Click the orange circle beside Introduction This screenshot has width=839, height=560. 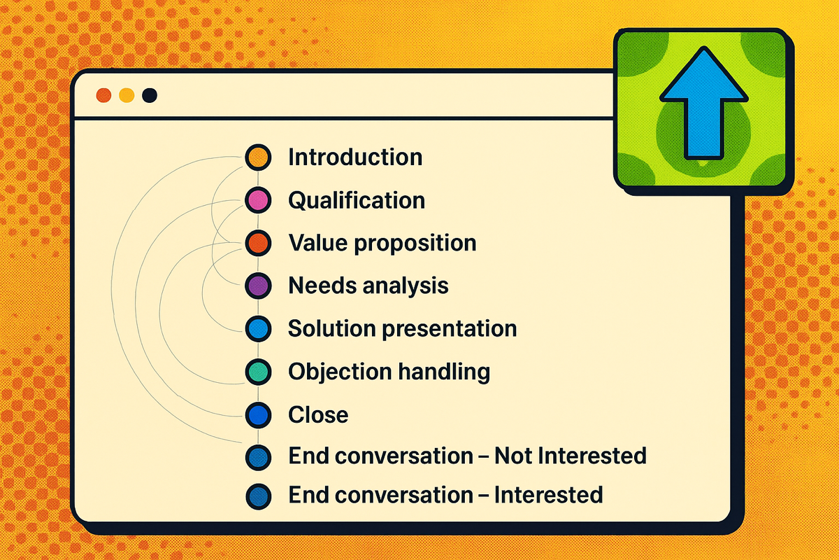[258, 157]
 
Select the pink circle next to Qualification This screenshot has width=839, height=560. [258, 200]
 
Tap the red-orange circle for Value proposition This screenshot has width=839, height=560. [258, 243]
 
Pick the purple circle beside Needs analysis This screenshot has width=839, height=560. [258, 286]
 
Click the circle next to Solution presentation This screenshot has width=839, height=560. [258, 328]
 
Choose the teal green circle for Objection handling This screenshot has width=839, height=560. [258, 372]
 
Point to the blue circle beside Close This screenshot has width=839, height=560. [258, 415]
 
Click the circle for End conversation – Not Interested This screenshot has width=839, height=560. [258, 457]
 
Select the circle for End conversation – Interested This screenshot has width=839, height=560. [258, 496]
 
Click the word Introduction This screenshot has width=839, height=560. [355, 157]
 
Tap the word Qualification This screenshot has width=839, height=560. [357, 200]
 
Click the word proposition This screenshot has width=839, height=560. [415, 244]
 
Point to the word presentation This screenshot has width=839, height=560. [450, 329]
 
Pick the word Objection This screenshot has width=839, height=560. [339, 372]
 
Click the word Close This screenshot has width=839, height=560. [318, 415]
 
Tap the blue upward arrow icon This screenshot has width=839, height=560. [704, 103]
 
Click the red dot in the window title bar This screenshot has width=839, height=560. [103, 95]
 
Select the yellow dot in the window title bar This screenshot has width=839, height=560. [127, 95]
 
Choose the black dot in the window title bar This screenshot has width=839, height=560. [150, 95]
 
